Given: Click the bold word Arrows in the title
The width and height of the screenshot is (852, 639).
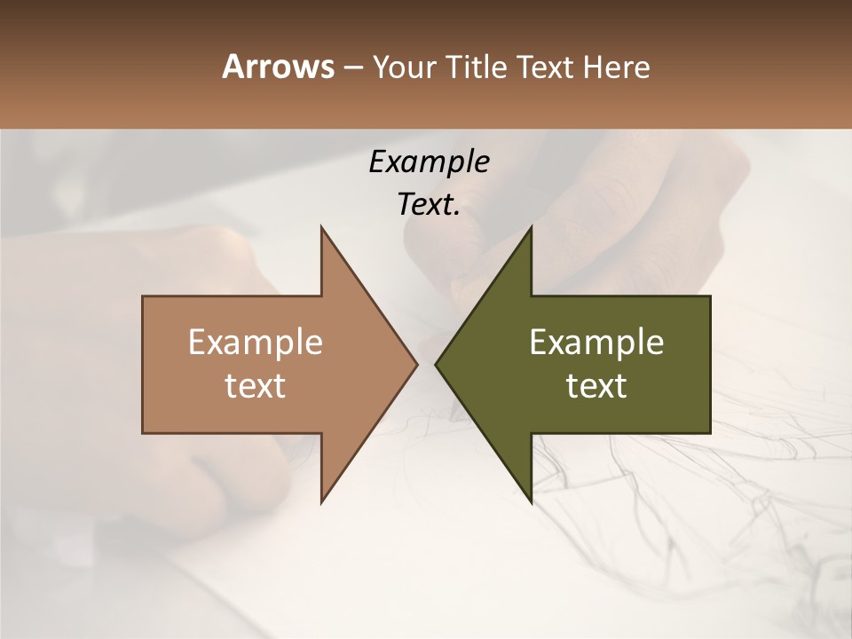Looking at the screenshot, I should pos(277,67).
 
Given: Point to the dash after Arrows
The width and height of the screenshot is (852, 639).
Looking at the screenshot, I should pos(352,68).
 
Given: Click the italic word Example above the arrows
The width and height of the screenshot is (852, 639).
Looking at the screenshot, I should pos(429,162).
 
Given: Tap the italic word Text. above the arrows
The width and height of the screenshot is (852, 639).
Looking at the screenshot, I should pos(429,205).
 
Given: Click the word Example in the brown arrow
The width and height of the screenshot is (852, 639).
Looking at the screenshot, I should pos(255,342).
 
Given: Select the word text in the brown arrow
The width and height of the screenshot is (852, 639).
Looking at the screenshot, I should pos(255,386).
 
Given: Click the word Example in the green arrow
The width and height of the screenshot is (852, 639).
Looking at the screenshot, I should pos(596,342).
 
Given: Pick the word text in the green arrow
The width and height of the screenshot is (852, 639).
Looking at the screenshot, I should pos(596,386).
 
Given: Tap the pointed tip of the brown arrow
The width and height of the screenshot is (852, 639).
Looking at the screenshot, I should pos(417,364).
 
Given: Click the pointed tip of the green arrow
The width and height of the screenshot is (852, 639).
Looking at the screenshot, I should pos(436,364).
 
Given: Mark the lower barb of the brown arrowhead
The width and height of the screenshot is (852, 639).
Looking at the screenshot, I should pos(321,502).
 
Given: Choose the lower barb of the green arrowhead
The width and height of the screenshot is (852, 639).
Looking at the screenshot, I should pos(531,502).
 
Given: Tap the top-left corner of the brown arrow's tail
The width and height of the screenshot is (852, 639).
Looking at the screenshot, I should pos(144,296).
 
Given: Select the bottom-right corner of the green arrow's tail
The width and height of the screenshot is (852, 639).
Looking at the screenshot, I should pos(709,432).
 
